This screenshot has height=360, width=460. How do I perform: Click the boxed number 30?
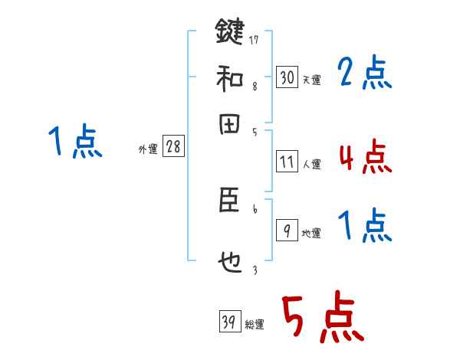[287, 78]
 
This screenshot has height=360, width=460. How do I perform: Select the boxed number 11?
[287, 162]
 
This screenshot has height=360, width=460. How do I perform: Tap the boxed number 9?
[287, 231]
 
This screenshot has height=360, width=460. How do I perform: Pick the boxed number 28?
[173, 148]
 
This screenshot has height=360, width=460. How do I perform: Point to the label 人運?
[311, 164]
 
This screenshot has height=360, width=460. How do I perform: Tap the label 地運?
[311, 234]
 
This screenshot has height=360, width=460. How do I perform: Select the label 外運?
[148, 150]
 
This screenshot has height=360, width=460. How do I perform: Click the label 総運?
[255, 325]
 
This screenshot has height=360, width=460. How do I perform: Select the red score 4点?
[364, 158]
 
